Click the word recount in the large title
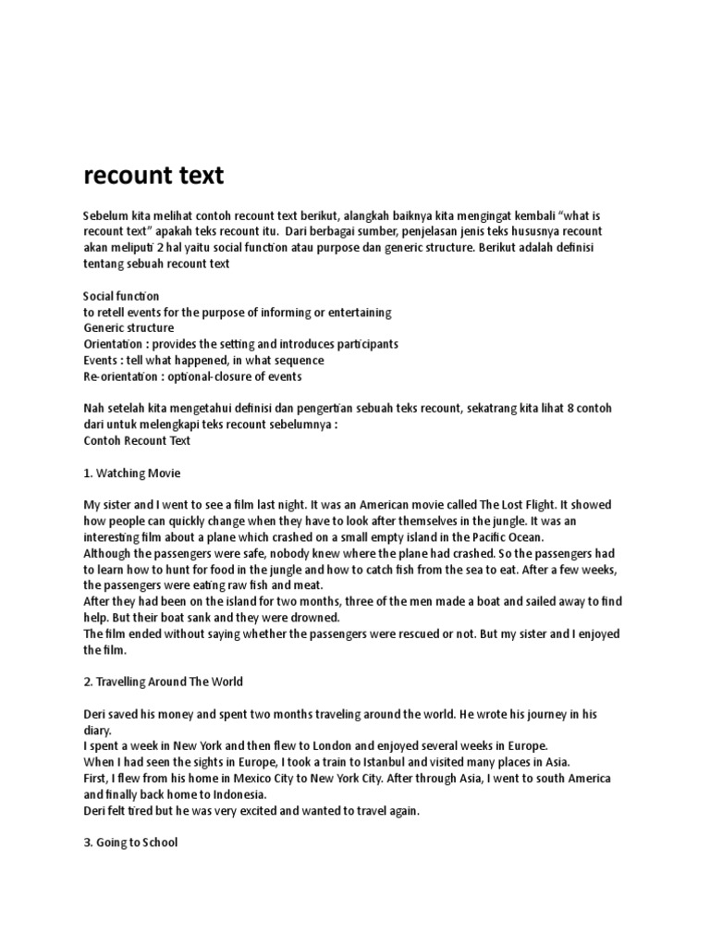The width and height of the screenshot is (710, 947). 121,176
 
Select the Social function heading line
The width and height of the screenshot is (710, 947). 121,296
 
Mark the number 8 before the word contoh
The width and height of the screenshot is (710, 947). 579,409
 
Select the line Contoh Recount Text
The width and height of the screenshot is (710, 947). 137,440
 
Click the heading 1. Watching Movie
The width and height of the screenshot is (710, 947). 132,473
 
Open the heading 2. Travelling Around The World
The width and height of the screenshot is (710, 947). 164,682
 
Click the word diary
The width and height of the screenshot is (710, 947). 98,730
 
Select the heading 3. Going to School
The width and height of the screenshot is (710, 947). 130,842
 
